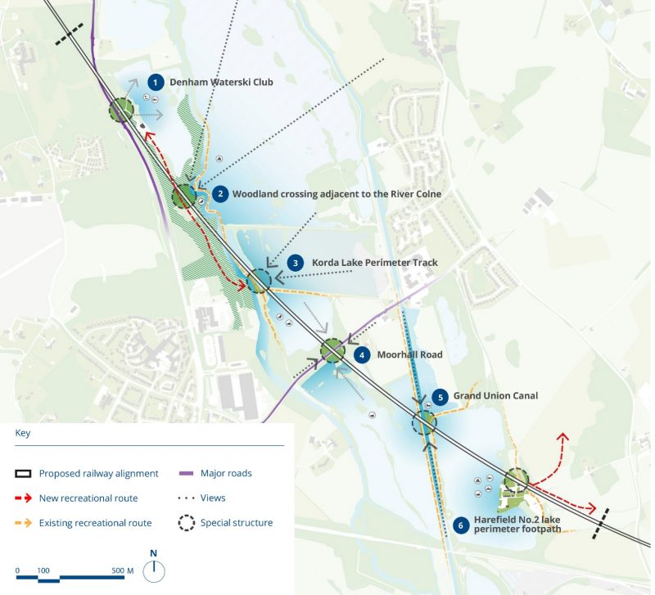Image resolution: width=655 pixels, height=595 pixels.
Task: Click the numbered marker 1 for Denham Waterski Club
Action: coord(155,82)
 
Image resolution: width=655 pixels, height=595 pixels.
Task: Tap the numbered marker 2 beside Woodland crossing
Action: coord(219,194)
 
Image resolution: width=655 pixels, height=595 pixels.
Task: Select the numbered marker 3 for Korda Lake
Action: coord(296,263)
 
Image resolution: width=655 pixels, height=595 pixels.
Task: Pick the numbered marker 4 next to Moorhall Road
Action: coord(363,355)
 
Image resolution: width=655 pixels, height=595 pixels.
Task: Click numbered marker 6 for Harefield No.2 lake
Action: coord(460,524)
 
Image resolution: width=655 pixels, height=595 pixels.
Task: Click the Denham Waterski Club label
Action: coord(221,82)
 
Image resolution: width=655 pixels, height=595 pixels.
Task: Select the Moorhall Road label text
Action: coord(409,355)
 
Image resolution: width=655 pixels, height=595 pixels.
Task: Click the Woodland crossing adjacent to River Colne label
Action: coord(337,194)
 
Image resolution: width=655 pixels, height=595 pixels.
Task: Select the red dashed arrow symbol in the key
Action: coord(25,498)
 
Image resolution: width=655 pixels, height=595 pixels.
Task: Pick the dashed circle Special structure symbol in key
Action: coord(187,522)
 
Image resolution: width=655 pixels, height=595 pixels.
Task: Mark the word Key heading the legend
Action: coord(23,433)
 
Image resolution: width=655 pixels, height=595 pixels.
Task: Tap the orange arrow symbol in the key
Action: coord(25,522)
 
